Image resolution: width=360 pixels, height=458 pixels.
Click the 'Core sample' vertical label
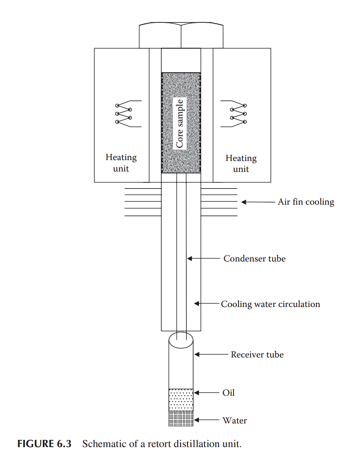[x=180, y=123]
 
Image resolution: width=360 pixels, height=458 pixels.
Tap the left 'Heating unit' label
[x=121, y=163]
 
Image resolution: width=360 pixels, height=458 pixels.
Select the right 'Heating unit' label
[x=241, y=163]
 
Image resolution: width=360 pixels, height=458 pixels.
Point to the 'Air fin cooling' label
[x=306, y=202]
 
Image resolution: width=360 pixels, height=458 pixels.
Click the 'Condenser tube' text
[x=254, y=259]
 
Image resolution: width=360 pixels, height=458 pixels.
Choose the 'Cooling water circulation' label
[x=270, y=304]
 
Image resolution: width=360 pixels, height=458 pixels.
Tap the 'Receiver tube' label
[x=257, y=355]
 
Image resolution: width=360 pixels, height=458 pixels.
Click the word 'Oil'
[x=228, y=393]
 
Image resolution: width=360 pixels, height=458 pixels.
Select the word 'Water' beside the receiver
[x=234, y=421]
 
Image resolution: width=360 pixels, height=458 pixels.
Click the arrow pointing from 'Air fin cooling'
[x=257, y=202]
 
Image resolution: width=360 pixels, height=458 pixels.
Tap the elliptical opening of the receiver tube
[x=181, y=340]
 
